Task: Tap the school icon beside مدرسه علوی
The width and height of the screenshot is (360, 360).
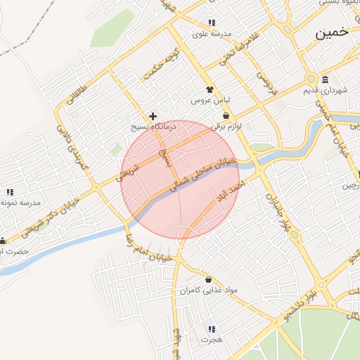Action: pos(212,22)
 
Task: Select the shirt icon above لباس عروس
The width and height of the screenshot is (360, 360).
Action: pos(209,89)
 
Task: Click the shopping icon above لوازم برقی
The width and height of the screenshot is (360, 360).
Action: pos(226,115)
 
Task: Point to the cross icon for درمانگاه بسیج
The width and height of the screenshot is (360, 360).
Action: pos(153,115)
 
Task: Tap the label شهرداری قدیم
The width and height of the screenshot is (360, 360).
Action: pos(325,91)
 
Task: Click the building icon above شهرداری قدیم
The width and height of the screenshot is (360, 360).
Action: pos(325,79)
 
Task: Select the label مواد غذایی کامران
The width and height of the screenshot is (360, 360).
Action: pos(209,290)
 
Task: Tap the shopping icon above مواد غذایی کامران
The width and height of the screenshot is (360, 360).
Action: pos(208,279)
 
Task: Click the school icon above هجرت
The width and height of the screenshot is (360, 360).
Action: pos(212,328)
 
